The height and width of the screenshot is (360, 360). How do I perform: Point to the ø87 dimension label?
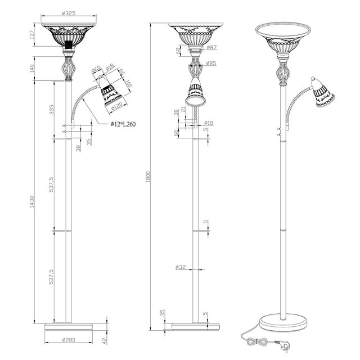[211, 48]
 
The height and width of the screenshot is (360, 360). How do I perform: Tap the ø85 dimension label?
[211, 63]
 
